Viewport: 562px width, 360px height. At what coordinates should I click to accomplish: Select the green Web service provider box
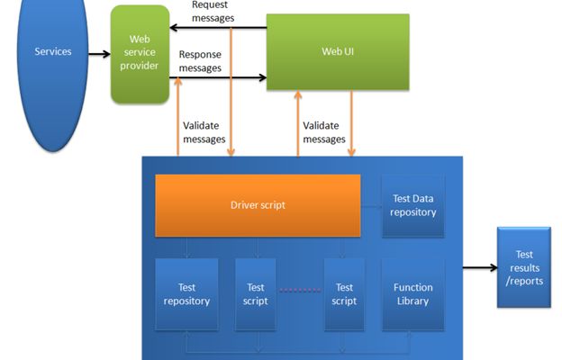[x=140, y=54]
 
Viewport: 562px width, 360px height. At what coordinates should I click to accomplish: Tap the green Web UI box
[x=337, y=51]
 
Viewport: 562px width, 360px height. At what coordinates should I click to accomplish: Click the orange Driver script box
[x=258, y=205]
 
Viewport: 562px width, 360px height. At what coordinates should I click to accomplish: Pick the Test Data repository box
[x=413, y=206]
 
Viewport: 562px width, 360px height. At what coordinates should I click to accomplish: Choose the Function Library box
[x=413, y=293]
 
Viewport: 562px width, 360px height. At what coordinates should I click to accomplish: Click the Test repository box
[x=187, y=293]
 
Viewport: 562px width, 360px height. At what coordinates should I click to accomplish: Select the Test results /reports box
[x=523, y=268]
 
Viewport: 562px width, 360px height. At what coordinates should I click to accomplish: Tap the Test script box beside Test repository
[x=255, y=293]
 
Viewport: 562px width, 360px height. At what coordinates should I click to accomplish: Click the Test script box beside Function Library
[x=344, y=293]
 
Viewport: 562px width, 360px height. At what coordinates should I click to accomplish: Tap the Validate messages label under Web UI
[x=324, y=132]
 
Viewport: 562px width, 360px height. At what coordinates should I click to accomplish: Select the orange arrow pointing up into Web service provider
[x=178, y=117]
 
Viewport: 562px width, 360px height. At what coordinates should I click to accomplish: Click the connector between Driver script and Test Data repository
[x=371, y=205]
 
